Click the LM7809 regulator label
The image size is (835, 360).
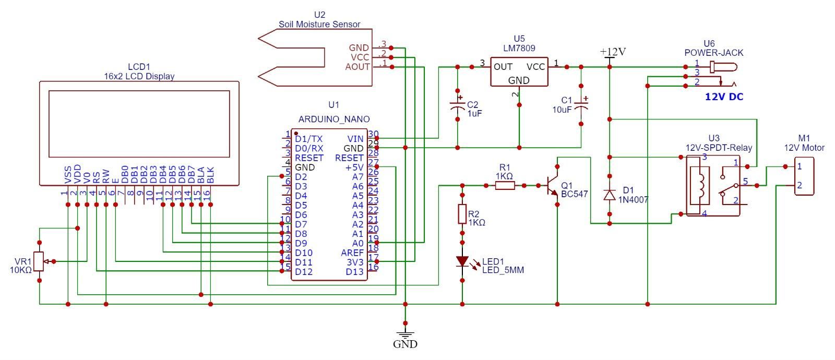519,47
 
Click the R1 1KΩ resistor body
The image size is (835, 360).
504,185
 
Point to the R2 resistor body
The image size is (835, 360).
462,214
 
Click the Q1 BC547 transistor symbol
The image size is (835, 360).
553,186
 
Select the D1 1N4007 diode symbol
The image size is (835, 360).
609,194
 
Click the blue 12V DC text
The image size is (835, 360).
724,97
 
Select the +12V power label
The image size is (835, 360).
613,52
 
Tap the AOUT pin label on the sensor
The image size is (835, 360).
357,67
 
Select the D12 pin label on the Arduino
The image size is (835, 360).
304,271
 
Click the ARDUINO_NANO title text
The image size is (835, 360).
334,119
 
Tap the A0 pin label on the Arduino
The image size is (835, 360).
357,243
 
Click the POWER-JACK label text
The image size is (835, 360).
713,53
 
